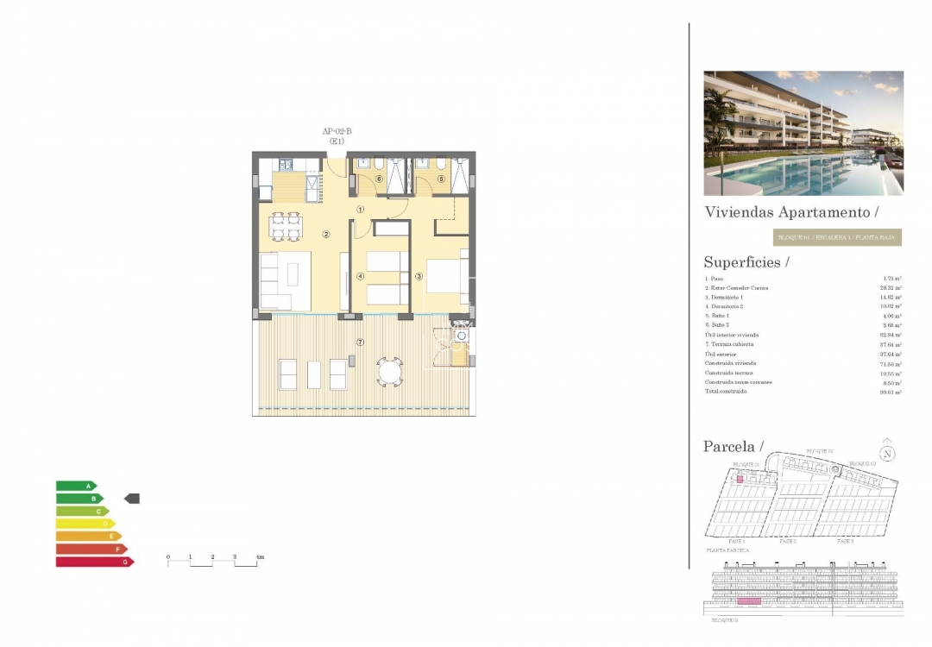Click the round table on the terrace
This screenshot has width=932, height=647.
click(389, 373)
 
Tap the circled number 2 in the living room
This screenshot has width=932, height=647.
click(326, 234)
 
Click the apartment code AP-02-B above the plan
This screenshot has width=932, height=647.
click(337, 131)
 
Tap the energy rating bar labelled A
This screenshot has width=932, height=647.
click(76, 487)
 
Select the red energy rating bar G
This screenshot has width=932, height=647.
click(94, 562)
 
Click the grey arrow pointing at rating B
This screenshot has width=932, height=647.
click(132, 499)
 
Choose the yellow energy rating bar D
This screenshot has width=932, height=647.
click(85, 524)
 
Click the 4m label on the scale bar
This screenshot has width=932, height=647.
click(260, 557)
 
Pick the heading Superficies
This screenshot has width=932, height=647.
click(746, 262)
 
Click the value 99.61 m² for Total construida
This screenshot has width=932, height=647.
click(891, 392)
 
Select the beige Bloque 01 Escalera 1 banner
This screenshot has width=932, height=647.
click(836, 237)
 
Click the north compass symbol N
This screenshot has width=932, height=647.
click(886, 453)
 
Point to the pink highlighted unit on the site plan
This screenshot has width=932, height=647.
click(740, 478)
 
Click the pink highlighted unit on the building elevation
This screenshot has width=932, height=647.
click(747, 600)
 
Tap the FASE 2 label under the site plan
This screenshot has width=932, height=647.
click(787, 542)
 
